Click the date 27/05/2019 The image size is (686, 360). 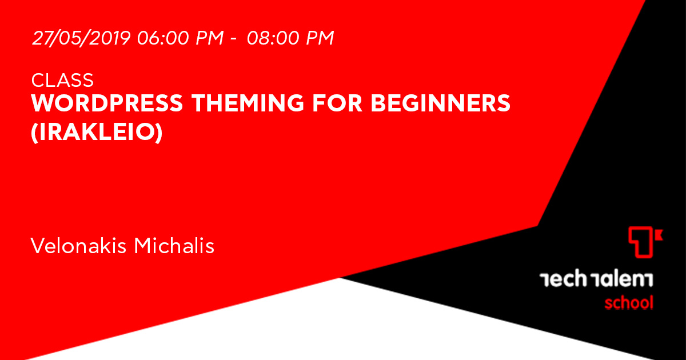pyautogui.click(x=81, y=38)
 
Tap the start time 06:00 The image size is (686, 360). pyautogui.click(x=163, y=38)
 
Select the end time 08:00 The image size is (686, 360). pyautogui.click(x=273, y=38)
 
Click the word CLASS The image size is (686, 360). pyautogui.click(x=62, y=80)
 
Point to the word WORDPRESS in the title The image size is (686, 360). pyautogui.click(x=107, y=103)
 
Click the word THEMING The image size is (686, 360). pyautogui.click(x=248, y=103)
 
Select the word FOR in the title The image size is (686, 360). pyautogui.click(x=337, y=103)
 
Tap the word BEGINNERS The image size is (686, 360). pyautogui.click(x=440, y=103)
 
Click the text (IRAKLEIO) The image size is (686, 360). pyautogui.click(x=97, y=132)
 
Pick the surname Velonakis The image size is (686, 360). pyautogui.click(x=78, y=246)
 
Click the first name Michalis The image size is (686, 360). pyautogui.click(x=174, y=246)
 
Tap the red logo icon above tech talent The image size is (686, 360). pyautogui.click(x=645, y=242)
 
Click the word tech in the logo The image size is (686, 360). pyautogui.click(x=563, y=279)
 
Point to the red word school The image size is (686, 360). pyautogui.click(x=629, y=302)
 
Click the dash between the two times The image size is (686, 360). pyautogui.click(x=233, y=39)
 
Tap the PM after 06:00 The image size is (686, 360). pyautogui.click(x=210, y=38)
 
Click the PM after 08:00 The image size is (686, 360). pyautogui.click(x=320, y=38)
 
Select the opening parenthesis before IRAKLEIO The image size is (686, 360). pyautogui.click(x=34, y=133)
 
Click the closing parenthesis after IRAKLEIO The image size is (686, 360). pyautogui.click(x=159, y=133)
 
